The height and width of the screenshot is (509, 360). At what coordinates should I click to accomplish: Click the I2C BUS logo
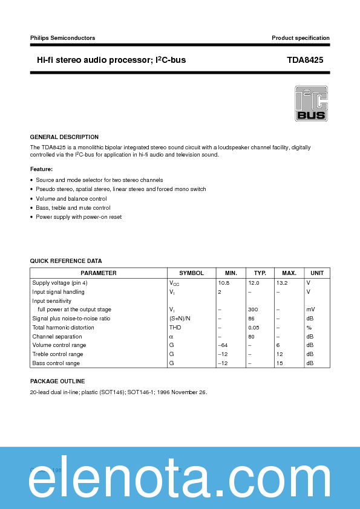tap(311, 104)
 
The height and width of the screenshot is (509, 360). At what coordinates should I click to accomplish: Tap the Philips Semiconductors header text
tap(62, 38)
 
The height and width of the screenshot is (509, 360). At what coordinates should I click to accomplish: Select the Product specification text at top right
tap(301, 38)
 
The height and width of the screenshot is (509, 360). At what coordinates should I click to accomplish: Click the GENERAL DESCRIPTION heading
tap(64, 137)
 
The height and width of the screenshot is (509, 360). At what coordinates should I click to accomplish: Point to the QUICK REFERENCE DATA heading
tap(66, 261)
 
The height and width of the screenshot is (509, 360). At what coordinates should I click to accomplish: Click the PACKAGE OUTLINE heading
tap(57, 381)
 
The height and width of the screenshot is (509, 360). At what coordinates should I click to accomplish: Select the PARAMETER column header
tap(98, 273)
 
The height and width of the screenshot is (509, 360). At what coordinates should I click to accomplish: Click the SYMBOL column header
tap(191, 273)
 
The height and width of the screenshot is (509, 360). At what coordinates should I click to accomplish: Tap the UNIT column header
tap(317, 273)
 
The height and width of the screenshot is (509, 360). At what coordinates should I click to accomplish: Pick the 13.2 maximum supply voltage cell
tap(282, 282)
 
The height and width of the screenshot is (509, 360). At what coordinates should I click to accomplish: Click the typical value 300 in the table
tap(253, 310)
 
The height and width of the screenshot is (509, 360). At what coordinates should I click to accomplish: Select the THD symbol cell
tap(175, 328)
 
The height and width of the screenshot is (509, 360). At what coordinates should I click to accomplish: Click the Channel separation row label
tap(57, 337)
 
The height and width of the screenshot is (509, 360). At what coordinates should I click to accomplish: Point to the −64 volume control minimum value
tap(223, 345)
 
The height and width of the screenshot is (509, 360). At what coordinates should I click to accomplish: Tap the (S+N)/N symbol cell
tap(180, 319)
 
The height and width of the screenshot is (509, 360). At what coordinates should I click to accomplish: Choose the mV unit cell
tap(310, 310)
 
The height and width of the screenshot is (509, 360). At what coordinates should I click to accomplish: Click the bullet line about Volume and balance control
tap(71, 199)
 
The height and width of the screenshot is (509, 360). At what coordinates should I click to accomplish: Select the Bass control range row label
tap(56, 363)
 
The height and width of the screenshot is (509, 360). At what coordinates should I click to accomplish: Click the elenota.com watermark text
tap(180, 479)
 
